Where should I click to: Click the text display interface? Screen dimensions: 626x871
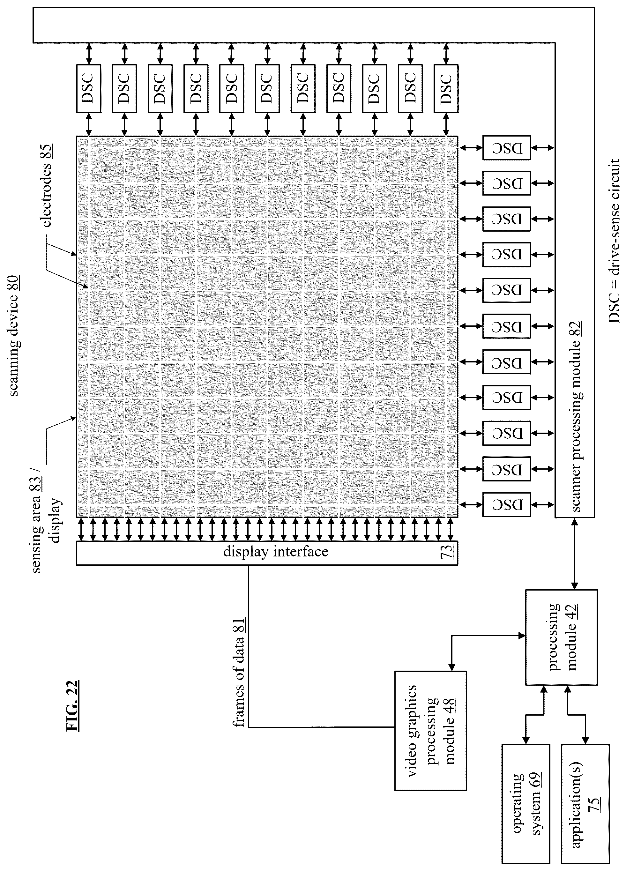276,552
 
